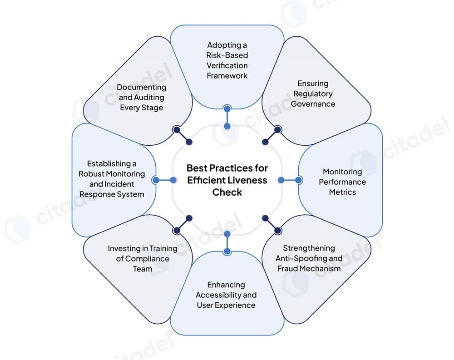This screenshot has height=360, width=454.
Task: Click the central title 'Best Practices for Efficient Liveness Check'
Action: (227, 180)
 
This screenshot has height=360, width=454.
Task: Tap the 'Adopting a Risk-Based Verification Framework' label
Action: (227, 60)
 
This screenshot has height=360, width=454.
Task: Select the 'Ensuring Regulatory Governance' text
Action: (313, 94)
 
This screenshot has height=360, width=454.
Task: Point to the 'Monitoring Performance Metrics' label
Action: (342, 182)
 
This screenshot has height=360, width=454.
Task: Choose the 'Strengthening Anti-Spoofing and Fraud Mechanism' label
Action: (309, 258)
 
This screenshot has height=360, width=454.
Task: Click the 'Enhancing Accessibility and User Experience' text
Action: (226, 295)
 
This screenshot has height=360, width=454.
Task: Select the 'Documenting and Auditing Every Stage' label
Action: (142, 97)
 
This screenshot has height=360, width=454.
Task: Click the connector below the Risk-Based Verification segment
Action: (227, 117)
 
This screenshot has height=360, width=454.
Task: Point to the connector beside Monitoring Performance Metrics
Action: (290, 180)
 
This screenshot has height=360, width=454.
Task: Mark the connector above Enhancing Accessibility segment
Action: (227, 242)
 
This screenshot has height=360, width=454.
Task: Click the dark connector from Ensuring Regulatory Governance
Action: (271, 136)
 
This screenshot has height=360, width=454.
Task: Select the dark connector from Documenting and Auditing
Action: (183, 136)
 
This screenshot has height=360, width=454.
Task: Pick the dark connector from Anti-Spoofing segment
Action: (271, 224)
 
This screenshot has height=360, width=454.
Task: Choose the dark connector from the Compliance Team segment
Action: (183, 224)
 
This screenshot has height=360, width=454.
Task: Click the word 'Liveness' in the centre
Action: (249, 180)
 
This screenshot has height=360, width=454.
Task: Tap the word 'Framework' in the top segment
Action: (227, 75)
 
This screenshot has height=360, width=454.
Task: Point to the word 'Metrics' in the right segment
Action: (343, 192)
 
